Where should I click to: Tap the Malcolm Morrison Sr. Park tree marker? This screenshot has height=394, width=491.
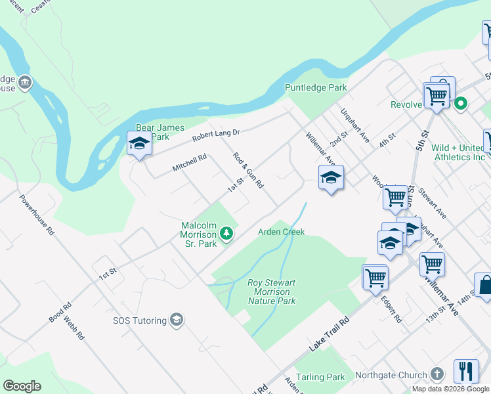tap(226, 234)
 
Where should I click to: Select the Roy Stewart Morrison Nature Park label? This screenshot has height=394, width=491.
tap(272, 292)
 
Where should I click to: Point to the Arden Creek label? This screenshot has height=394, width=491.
tap(281, 232)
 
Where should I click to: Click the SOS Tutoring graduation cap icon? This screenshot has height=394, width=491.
tap(176, 320)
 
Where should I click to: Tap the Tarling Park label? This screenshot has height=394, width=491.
tap(320, 377)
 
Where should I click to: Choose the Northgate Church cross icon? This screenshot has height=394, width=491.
tap(438, 375)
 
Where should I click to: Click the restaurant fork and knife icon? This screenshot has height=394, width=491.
tap(466, 371)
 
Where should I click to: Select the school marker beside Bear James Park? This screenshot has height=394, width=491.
tap(139, 144)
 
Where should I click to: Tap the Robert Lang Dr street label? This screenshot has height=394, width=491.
tap(216, 135)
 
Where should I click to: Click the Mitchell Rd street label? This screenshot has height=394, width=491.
tap(190, 163)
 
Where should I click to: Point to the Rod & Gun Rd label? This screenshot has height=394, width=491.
tap(249, 171)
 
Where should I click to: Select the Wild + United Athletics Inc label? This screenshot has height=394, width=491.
tap(458, 152)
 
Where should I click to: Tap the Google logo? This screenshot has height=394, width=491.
tap(22, 386)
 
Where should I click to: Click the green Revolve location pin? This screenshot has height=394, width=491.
tap(461, 103)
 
